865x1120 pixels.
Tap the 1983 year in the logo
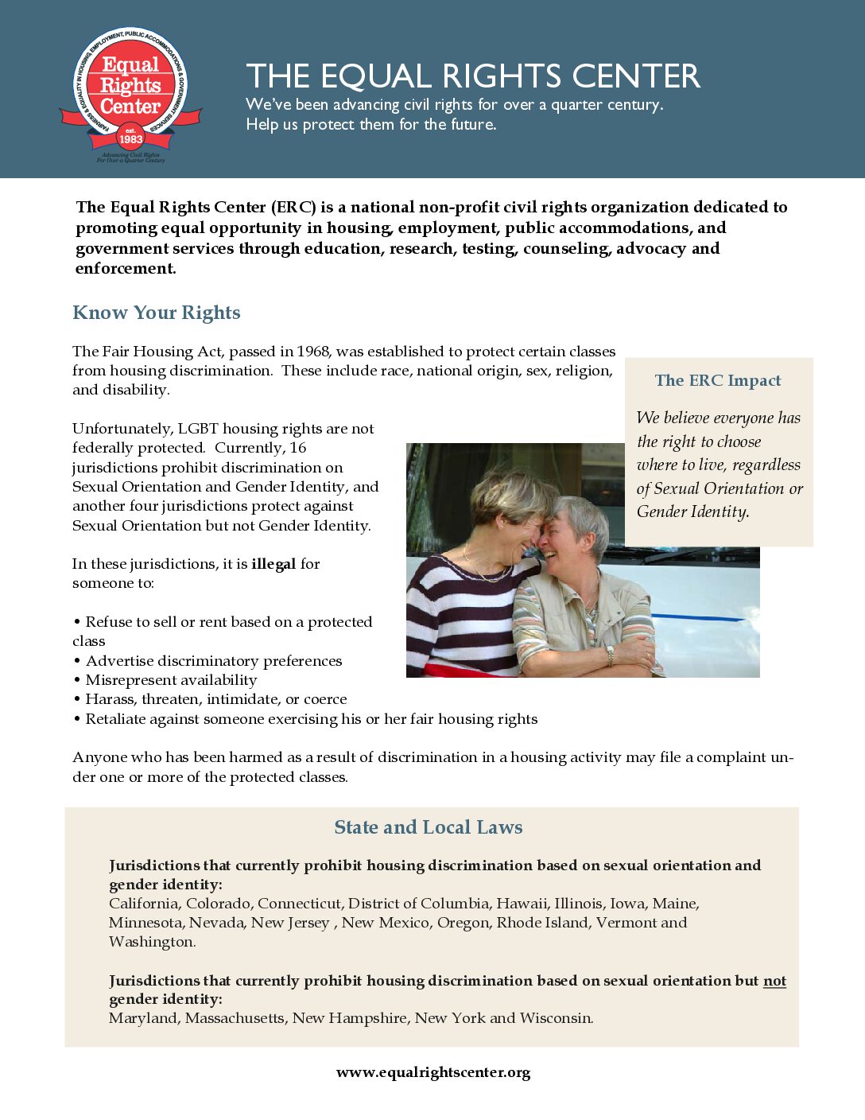(x=130, y=139)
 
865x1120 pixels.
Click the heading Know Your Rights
(x=156, y=313)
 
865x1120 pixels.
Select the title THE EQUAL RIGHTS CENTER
(x=473, y=76)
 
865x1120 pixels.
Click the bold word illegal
(x=273, y=564)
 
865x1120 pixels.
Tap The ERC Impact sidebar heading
(x=718, y=380)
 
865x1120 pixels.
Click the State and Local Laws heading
(x=429, y=827)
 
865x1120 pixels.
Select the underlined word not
(x=774, y=981)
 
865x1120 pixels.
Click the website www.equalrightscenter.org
(x=433, y=1072)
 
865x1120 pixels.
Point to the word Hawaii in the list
(x=522, y=904)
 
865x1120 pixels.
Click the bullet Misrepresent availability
(x=171, y=680)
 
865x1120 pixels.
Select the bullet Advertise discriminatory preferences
(x=213, y=661)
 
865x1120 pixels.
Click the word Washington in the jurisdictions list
(x=151, y=942)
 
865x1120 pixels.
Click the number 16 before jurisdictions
(x=297, y=448)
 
